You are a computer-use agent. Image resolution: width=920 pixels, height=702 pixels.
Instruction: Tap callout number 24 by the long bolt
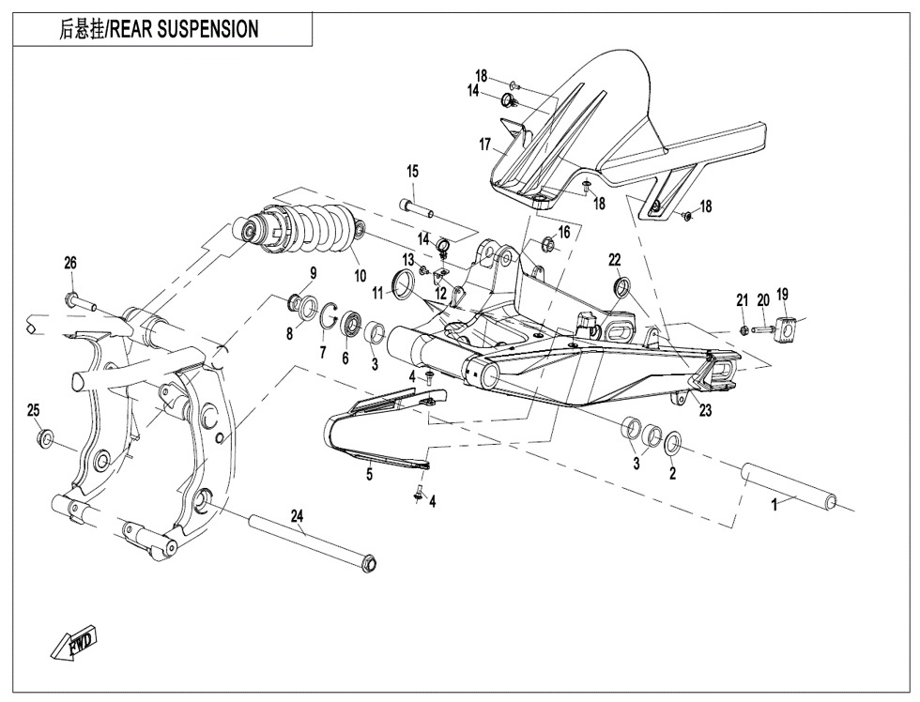click(x=298, y=516)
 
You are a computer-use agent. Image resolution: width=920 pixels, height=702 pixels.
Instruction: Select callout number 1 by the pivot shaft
click(x=774, y=504)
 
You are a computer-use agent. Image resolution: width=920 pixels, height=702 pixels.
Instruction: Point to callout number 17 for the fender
click(x=485, y=145)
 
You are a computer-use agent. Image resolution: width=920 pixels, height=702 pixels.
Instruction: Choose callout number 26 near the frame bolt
click(x=70, y=264)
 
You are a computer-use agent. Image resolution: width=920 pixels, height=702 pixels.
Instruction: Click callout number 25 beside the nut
click(x=33, y=410)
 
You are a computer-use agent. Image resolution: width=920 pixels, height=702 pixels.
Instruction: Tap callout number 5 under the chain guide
click(x=370, y=475)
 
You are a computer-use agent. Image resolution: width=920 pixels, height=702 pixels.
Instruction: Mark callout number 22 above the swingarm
click(x=614, y=259)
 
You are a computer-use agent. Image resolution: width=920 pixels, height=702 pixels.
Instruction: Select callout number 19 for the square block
click(x=782, y=295)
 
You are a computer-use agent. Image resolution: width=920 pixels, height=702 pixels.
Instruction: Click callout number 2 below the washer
click(x=672, y=474)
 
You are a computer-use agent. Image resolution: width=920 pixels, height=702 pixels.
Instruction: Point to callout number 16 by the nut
click(x=564, y=232)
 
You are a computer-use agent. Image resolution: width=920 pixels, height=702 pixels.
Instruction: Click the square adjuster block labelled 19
click(x=785, y=330)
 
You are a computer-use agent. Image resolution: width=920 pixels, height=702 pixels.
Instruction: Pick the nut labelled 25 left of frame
click(x=43, y=438)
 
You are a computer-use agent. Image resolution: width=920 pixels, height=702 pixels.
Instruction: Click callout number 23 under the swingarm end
click(x=704, y=409)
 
